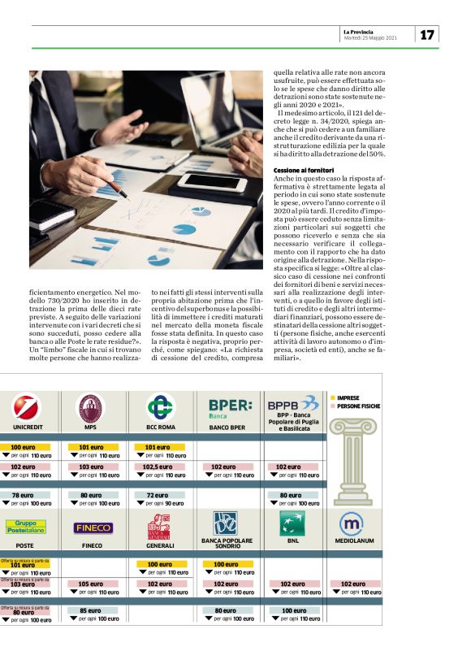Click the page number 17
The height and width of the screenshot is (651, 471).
[x=427, y=34]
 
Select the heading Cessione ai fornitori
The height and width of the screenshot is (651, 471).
[x=305, y=170]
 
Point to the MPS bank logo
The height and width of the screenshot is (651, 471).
[x=90, y=406]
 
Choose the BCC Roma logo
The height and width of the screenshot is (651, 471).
[x=161, y=406]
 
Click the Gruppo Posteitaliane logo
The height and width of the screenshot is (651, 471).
[x=24, y=527]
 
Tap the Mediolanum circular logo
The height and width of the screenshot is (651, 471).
[x=351, y=523]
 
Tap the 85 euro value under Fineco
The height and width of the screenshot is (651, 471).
[x=91, y=611]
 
